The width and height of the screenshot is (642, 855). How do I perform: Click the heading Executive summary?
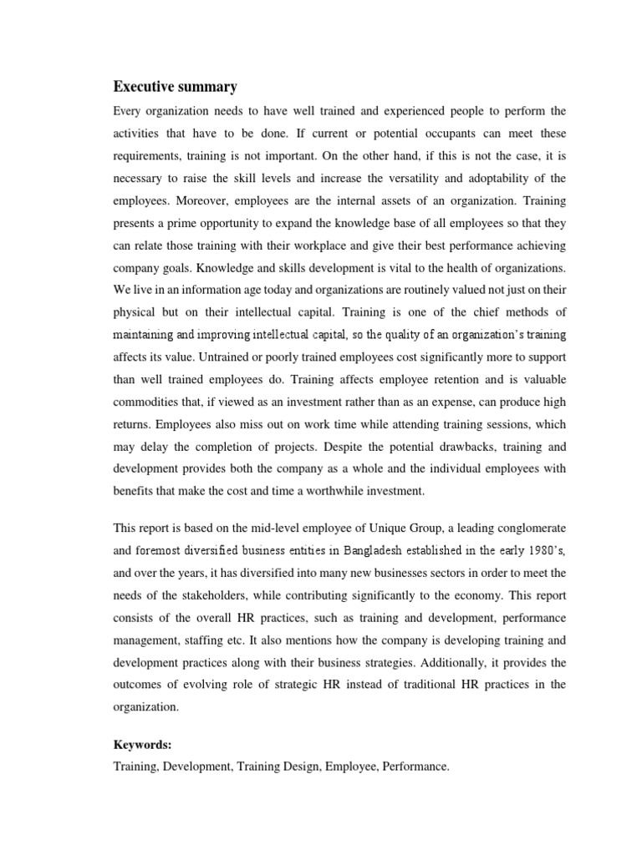tap(175, 87)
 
